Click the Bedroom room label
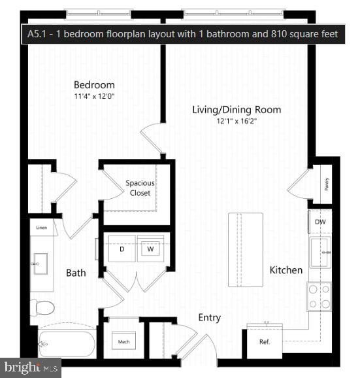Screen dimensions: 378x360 [94, 85]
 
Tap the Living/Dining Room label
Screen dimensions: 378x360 [237, 110]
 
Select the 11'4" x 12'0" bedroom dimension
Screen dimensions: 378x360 [94, 96]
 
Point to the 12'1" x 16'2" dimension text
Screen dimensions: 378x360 [237, 121]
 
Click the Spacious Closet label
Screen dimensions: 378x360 [140, 188]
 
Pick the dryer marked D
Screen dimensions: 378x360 [122, 249]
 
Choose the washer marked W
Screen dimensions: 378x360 [150, 249]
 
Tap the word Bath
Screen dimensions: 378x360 [76, 273]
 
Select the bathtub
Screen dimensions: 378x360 [67, 343]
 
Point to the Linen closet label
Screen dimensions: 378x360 [42, 228]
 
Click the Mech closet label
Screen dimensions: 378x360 [123, 342]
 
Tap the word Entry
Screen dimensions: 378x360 [209, 318]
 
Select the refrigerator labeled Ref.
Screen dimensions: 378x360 [264, 342]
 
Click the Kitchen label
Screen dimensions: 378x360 [286, 270]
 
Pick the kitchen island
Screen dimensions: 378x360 [245, 249]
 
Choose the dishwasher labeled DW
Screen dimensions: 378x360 [319, 222]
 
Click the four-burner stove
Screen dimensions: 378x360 [319, 296]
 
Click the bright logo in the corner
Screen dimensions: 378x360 [30, 367]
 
